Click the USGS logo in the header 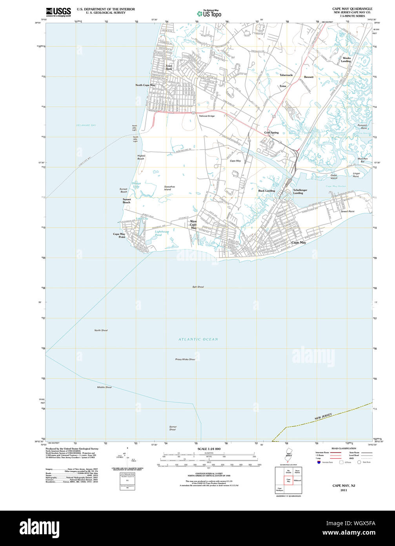tap(58, 12)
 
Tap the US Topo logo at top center tap(209, 13)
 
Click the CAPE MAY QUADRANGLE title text tap(352, 9)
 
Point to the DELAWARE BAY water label tap(86, 125)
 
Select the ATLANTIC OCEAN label tap(198, 339)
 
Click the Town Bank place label tap(169, 67)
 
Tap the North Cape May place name tap(145, 85)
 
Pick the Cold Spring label tap(271, 133)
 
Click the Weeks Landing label tap(346, 60)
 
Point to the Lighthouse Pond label tap(161, 233)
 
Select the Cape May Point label tap(119, 235)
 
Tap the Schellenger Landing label tap(300, 191)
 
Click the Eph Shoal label tap(198, 287)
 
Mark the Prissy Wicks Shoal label tap(185, 359)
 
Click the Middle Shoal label tap(104, 387)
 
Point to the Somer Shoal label tap(173, 428)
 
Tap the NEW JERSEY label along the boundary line tap(323, 417)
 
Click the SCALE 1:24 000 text tap(209, 449)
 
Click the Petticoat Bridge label tap(207, 116)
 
